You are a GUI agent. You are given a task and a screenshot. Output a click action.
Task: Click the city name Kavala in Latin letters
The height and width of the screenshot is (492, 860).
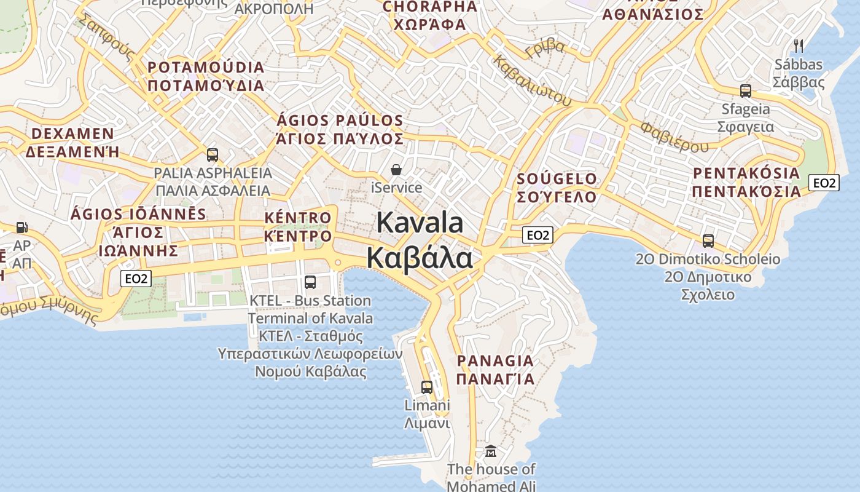(x=420, y=223)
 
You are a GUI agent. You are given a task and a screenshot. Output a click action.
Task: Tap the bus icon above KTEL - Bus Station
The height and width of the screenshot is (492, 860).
(x=310, y=282)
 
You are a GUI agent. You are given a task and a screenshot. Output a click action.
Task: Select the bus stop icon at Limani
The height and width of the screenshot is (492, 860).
(x=427, y=387)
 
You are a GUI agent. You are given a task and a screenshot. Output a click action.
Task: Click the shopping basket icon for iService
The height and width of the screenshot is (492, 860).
(x=397, y=169)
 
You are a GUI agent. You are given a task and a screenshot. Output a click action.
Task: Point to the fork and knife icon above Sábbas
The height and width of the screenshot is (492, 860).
(x=799, y=46)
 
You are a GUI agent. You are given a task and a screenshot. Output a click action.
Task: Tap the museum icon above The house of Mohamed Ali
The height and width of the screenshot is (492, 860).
(x=491, y=452)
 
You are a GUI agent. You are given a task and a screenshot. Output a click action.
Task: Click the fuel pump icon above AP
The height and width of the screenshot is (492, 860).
(x=22, y=228)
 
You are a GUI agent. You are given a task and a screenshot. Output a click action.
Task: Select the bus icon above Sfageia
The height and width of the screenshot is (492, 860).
(x=746, y=91)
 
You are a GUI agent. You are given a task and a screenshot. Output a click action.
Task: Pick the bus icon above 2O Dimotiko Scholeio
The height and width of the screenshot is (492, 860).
(x=708, y=241)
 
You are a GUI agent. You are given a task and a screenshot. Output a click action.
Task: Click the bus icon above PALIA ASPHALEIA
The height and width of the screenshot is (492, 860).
(x=213, y=155)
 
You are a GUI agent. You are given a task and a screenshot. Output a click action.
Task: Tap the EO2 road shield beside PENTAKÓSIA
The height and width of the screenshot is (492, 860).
(x=824, y=183)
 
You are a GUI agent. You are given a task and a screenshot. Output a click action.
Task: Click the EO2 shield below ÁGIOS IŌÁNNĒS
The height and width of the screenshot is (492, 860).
(x=136, y=279)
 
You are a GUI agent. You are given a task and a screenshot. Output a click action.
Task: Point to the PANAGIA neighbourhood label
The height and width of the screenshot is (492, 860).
(x=495, y=361)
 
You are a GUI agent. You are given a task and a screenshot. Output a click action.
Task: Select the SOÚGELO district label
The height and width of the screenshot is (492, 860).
(x=557, y=180)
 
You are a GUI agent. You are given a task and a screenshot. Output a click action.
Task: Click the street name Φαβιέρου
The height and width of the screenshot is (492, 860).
(x=674, y=137)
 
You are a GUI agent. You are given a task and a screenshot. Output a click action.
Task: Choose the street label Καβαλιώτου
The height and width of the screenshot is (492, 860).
(x=532, y=81)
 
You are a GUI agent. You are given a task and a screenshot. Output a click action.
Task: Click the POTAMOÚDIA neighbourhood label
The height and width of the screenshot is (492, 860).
(x=206, y=67)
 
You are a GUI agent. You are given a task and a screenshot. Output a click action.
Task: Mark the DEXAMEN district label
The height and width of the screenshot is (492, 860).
(x=72, y=134)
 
